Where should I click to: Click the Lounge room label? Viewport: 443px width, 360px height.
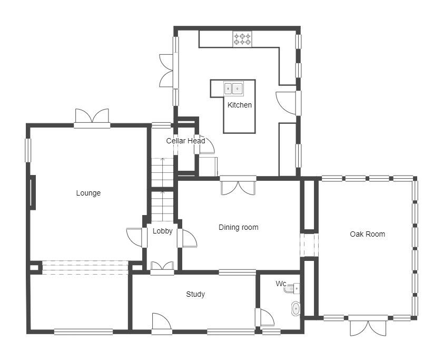click(88, 193)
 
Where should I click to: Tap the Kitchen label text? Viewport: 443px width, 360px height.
click(240, 105)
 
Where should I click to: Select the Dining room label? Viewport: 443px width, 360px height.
click(239, 227)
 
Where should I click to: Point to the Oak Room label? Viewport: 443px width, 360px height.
click(367, 234)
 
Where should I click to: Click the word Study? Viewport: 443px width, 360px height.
click(195, 295)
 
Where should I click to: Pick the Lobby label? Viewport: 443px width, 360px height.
click(162, 231)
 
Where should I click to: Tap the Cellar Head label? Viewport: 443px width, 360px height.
click(185, 141)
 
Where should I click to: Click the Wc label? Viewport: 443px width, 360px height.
click(281, 284)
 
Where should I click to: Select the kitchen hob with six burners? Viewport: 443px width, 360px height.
click(242, 39)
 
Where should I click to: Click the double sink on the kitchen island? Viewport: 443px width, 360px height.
click(234, 89)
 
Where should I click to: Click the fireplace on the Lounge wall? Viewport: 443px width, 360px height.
click(33, 192)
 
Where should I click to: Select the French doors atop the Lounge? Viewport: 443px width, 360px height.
click(92, 116)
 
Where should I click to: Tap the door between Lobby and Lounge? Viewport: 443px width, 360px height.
click(134, 237)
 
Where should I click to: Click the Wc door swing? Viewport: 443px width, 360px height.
click(267, 318)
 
